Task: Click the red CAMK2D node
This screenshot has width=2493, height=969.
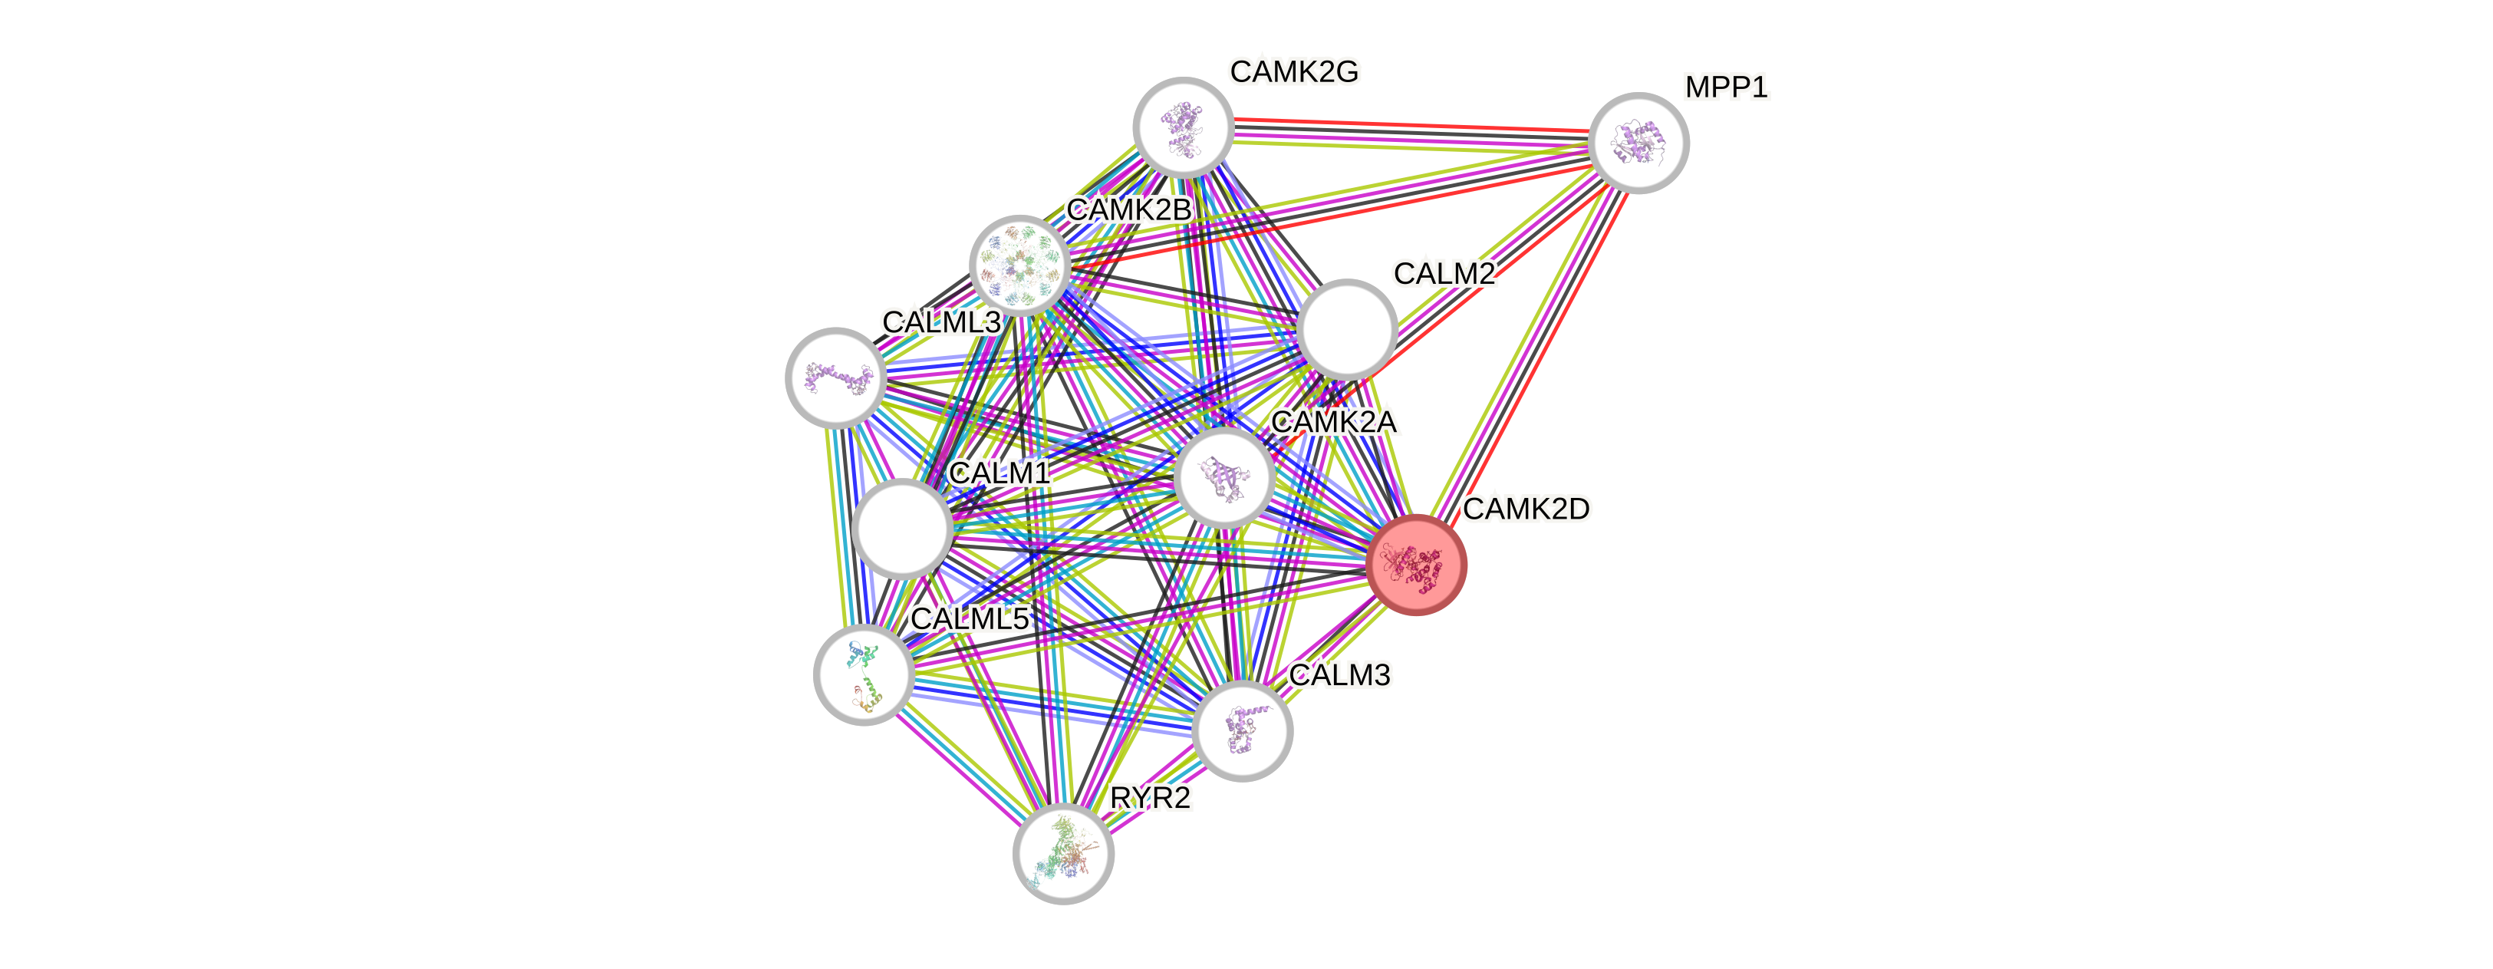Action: (1416, 565)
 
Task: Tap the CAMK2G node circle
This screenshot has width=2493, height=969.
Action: (1183, 127)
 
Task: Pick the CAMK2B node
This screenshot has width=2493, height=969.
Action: (1019, 264)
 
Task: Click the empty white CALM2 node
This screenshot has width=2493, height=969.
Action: (1346, 329)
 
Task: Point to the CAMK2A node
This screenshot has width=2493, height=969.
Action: (1223, 478)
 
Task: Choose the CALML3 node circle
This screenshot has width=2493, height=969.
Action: (835, 377)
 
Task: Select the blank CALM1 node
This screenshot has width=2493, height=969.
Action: (902, 529)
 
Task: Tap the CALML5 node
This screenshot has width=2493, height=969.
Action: (863, 674)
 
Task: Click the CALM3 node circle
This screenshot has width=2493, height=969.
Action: (1242, 731)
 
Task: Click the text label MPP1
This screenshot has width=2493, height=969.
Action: (1726, 88)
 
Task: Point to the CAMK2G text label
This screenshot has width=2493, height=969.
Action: (1294, 71)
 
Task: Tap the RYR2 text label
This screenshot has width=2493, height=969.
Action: (1150, 799)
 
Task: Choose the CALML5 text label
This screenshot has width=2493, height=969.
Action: (970, 618)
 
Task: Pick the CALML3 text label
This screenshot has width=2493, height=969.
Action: (940, 322)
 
